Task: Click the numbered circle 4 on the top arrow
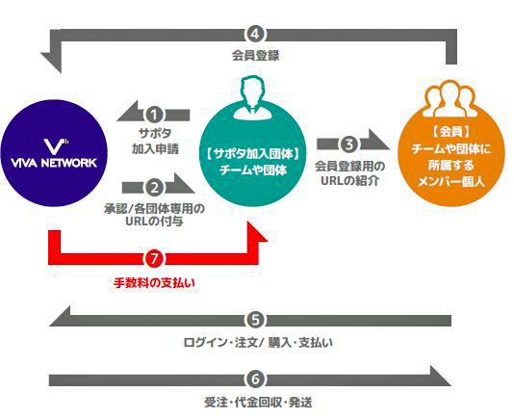[x=256, y=35]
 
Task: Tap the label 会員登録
[x=256, y=55]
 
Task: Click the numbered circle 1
[x=154, y=115]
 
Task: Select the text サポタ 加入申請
[x=155, y=141]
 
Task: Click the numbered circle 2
[x=154, y=188]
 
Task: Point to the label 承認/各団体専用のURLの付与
[x=154, y=215]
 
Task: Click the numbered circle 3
[x=348, y=144]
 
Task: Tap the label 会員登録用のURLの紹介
[x=349, y=173]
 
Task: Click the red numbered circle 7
[x=154, y=259]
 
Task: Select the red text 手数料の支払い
[x=154, y=283]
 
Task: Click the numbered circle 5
[x=256, y=321]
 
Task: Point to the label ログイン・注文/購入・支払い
[x=258, y=343]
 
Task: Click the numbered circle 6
[x=256, y=379]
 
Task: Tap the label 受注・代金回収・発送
[x=258, y=403]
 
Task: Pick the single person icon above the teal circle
[x=253, y=98]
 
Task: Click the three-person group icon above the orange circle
[x=450, y=99]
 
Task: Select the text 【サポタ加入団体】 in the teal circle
[x=253, y=154]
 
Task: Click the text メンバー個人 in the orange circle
[x=451, y=181]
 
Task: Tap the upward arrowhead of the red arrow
[x=254, y=232]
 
